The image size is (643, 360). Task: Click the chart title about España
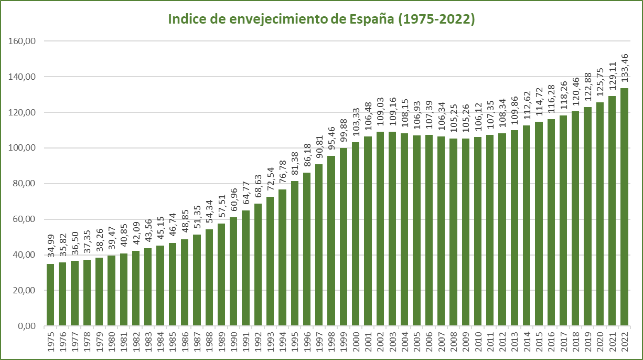(321, 19)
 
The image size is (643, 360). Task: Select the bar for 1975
(50, 294)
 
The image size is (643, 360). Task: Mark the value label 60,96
(233, 199)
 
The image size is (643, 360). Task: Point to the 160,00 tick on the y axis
(23, 41)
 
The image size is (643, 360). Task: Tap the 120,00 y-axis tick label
(23, 112)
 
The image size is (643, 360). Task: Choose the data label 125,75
(600, 83)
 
